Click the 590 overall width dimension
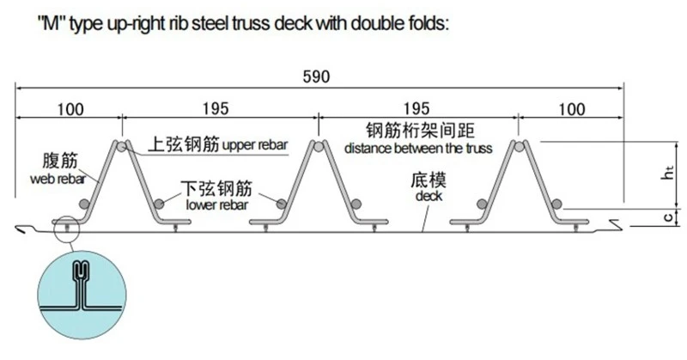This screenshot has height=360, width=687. (x=316, y=76)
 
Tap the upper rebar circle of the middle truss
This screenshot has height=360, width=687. (x=319, y=146)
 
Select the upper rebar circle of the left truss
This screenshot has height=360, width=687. (x=122, y=146)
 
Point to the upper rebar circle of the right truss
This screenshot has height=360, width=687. (x=519, y=146)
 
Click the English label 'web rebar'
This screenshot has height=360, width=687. (x=58, y=179)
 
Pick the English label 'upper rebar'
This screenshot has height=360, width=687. (x=255, y=145)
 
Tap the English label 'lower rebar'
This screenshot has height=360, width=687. (x=217, y=204)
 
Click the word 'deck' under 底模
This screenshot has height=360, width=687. (x=429, y=196)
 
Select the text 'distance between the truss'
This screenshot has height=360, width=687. (x=418, y=149)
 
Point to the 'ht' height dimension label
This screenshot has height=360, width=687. (x=667, y=173)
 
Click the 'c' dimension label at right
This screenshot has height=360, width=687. (x=668, y=217)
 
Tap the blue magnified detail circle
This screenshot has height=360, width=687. (x=82, y=295)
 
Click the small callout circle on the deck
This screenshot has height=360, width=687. (x=66, y=229)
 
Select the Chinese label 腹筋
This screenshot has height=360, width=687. (x=60, y=161)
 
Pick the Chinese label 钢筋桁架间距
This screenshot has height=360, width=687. (x=420, y=131)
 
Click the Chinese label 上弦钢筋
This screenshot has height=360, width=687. (x=184, y=143)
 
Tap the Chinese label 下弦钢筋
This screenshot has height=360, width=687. (x=217, y=188)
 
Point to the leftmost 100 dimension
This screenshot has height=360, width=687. (x=70, y=110)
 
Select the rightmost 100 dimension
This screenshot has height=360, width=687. (x=571, y=110)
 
